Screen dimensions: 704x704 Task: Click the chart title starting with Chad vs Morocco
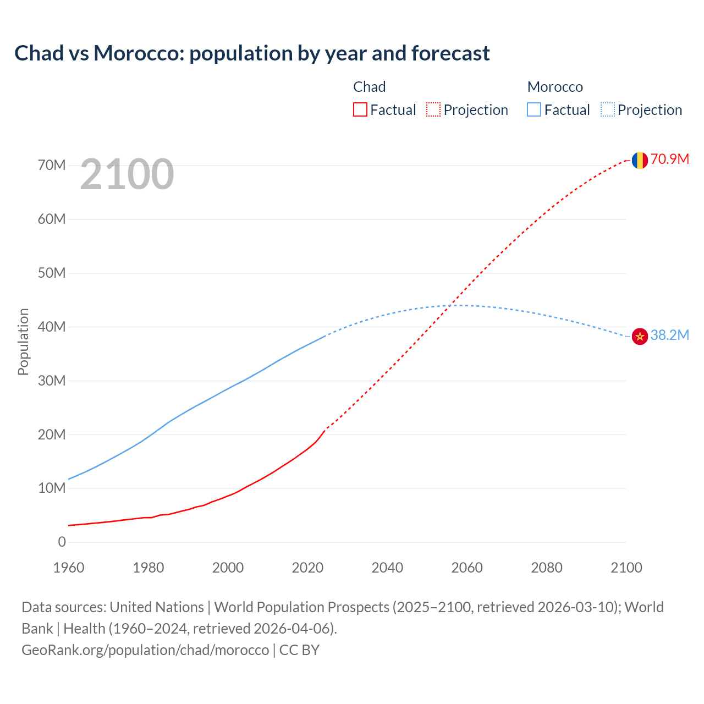pos(252,53)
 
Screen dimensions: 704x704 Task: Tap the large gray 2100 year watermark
pos(127,174)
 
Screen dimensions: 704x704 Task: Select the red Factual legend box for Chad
pos(360,109)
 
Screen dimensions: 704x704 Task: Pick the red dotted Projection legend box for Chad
pos(433,109)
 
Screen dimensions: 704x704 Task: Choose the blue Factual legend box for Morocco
pos(534,109)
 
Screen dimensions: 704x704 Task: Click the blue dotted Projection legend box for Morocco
pos(608,109)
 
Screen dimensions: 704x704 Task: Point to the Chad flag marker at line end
pos(639,160)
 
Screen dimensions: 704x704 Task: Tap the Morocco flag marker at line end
pos(639,336)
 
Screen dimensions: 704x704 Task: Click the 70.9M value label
pos(670,159)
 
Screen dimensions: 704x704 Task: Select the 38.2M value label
pos(670,335)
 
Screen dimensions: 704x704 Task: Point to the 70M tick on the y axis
pos(52,166)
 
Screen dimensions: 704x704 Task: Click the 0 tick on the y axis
pos(62,542)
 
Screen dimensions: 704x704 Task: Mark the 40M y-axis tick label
pos(52,327)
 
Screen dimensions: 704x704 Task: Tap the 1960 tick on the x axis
pos(69,568)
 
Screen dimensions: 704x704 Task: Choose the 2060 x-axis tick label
pos(467,568)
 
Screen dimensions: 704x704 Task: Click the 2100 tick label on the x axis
pos(626,568)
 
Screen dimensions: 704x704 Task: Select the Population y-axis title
pos(23,342)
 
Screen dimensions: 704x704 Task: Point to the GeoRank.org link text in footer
pos(145,650)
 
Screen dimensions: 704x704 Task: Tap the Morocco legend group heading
pos(555,87)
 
